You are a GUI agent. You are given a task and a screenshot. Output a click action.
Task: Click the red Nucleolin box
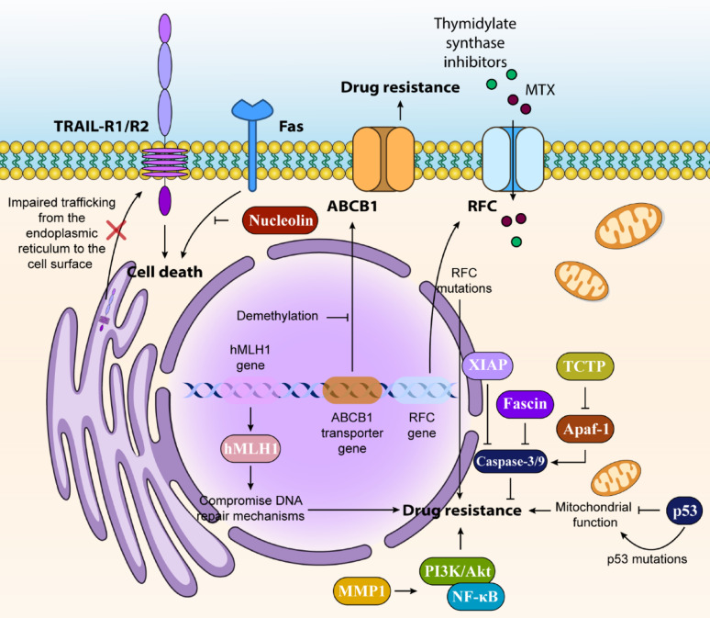[281, 220]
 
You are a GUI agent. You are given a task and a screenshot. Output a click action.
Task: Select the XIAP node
[487, 365]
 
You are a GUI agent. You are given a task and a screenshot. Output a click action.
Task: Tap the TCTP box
[584, 365]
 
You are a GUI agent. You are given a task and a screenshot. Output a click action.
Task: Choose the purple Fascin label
[525, 404]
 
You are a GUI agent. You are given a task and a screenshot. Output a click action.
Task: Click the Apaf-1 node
[585, 429]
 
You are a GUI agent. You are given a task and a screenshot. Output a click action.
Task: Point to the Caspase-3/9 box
[510, 462]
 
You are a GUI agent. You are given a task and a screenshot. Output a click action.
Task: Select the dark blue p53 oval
[684, 511]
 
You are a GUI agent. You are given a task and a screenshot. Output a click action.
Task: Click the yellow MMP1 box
[361, 590]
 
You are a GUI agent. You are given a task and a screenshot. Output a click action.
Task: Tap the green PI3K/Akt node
[458, 571]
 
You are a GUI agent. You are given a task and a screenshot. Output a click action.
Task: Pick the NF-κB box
[475, 596]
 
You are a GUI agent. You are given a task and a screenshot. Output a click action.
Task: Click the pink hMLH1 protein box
[250, 448]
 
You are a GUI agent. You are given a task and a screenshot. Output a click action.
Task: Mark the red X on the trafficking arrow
[116, 230]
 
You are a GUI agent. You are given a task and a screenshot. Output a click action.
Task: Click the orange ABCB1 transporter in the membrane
[383, 159]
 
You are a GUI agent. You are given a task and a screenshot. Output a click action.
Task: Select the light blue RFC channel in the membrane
[513, 159]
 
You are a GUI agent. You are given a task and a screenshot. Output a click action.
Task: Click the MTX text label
[539, 90]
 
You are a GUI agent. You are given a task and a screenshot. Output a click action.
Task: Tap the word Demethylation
[277, 316]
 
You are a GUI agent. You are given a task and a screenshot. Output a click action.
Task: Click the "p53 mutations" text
[647, 559]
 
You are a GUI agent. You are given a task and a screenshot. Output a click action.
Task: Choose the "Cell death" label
[165, 272]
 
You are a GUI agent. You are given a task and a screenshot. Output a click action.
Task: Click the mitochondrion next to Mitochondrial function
[616, 477]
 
